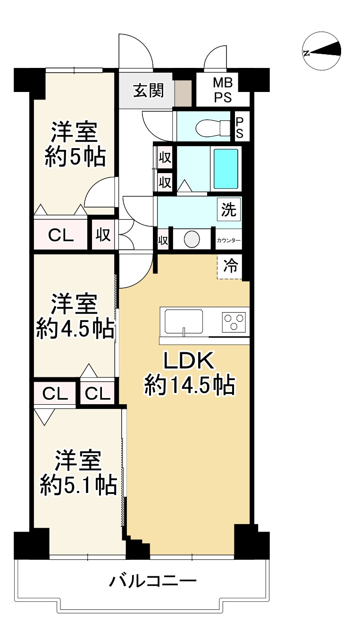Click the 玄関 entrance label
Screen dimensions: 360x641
coord(149,91)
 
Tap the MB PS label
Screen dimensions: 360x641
coord(223,91)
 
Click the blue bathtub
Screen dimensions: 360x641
coord(226,169)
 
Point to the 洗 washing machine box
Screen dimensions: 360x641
coord(229,210)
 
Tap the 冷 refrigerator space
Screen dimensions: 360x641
coord(230,266)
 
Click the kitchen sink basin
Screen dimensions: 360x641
coord(184,321)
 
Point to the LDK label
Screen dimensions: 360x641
coord(189,361)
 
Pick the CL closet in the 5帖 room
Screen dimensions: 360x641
coord(61,235)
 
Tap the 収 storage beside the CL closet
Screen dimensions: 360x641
coord(103,234)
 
